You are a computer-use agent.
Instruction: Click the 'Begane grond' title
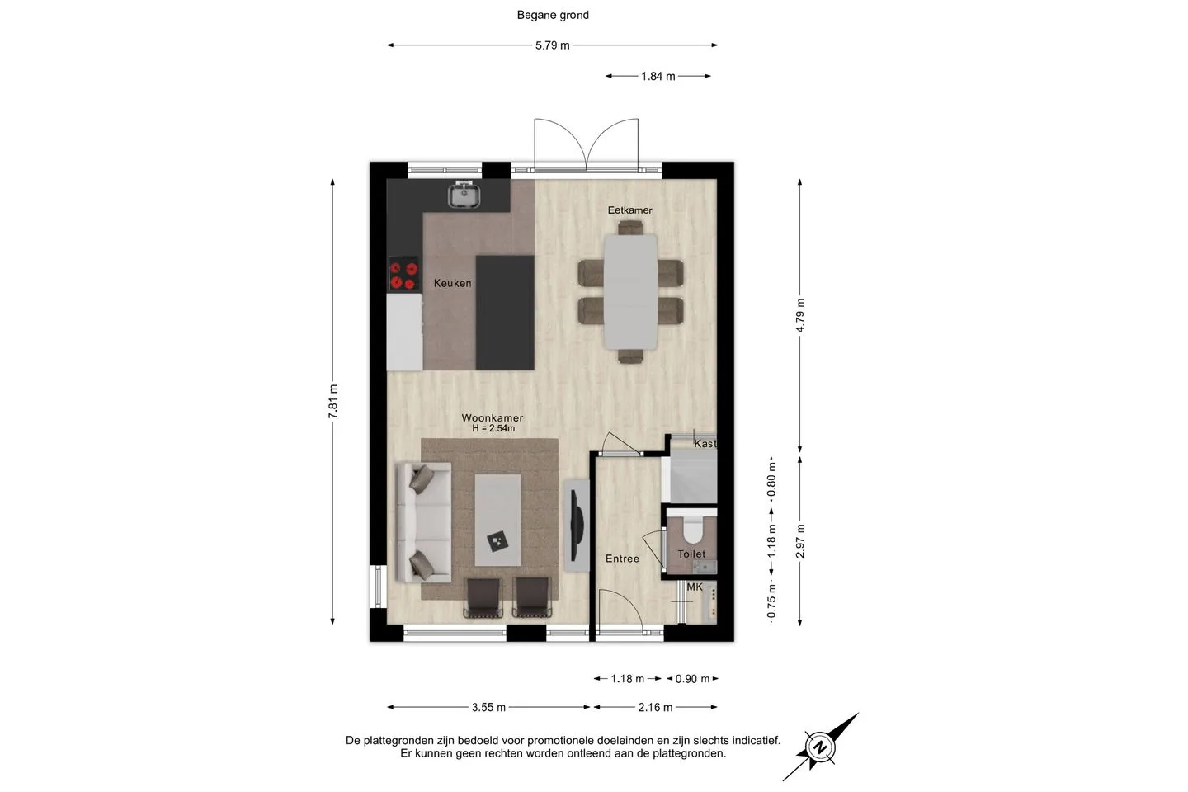[x=553, y=16]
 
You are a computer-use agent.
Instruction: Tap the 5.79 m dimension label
[x=552, y=45]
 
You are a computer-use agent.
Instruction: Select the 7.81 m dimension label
[x=333, y=402]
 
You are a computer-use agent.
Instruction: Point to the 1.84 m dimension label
[x=658, y=77]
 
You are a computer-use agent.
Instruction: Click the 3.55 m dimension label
[x=488, y=707]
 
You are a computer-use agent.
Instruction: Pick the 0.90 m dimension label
[x=692, y=679]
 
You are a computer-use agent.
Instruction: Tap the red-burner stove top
[x=403, y=274]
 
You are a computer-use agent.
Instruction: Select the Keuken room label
[x=452, y=283]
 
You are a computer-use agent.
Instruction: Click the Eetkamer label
[x=630, y=210]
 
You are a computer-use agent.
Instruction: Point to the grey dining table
[x=630, y=292]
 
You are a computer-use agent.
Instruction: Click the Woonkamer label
[x=493, y=418]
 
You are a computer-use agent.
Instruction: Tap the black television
[x=577, y=526]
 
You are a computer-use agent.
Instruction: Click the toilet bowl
[x=692, y=526]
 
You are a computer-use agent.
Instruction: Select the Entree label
[x=622, y=559]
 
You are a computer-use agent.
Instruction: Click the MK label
[x=695, y=587]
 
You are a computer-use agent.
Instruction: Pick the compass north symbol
[x=820, y=747]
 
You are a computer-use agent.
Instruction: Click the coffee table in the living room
[x=497, y=520]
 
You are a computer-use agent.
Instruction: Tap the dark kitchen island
[x=505, y=313]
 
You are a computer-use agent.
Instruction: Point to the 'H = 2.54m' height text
[x=493, y=429]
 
